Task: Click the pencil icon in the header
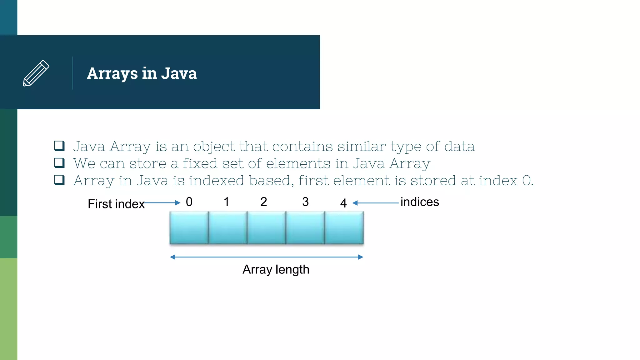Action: (x=36, y=73)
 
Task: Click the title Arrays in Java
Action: (x=142, y=73)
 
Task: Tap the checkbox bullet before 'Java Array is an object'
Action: (x=59, y=146)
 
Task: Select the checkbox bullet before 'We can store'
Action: (x=59, y=163)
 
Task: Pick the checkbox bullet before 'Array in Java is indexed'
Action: (x=59, y=180)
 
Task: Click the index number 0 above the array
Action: (x=189, y=202)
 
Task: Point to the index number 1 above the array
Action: (x=227, y=202)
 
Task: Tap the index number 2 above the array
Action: (x=264, y=202)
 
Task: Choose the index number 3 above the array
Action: (x=305, y=202)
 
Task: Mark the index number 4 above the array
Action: (x=343, y=203)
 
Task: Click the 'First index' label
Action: (x=116, y=204)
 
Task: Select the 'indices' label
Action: (x=420, y=202)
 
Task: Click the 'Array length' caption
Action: (x=276, y=269)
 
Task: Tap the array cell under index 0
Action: (x=189, y=227)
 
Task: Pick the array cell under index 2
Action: (x=266, y=227)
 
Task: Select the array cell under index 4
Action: (x=344, y=227)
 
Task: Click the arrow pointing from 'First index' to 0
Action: (x=162, y=203)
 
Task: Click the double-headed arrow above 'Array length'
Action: (x=267, y=257)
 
